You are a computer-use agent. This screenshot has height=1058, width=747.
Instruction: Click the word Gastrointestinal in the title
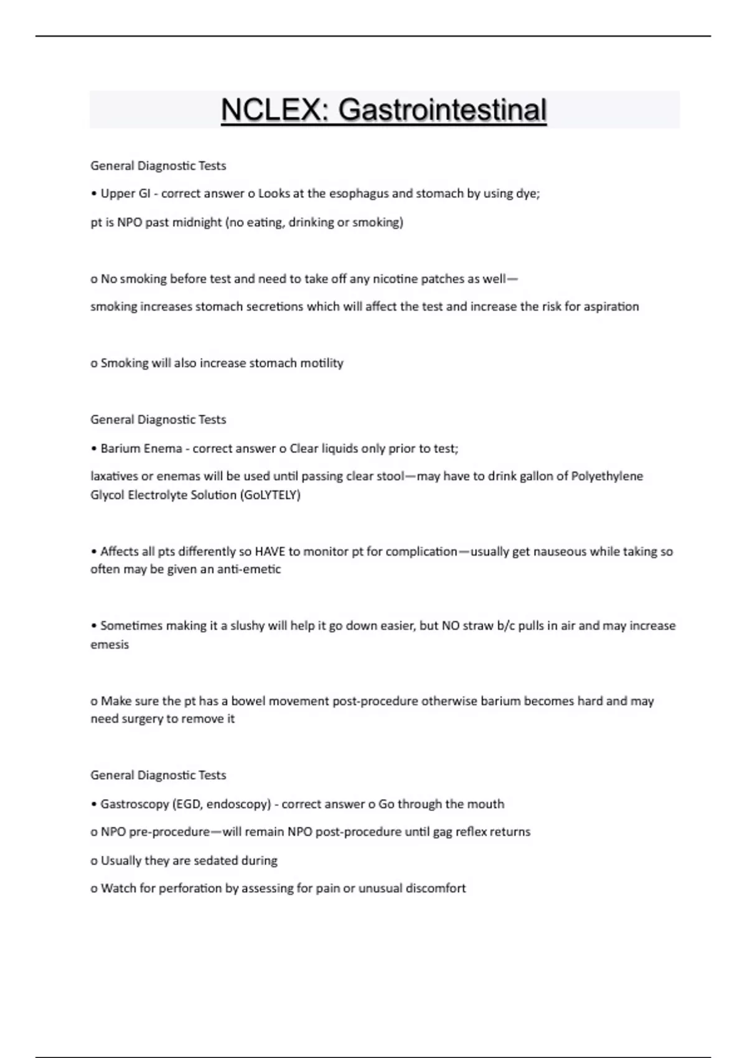[443, 110]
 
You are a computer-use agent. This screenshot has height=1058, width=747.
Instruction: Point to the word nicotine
[395, 279]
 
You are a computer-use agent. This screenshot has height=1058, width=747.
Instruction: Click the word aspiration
[611, 307]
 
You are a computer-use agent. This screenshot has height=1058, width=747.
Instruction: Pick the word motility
[322, 363]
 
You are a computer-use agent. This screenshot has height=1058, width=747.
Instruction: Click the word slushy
[248, 625]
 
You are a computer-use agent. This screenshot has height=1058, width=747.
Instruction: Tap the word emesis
[110, 645]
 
